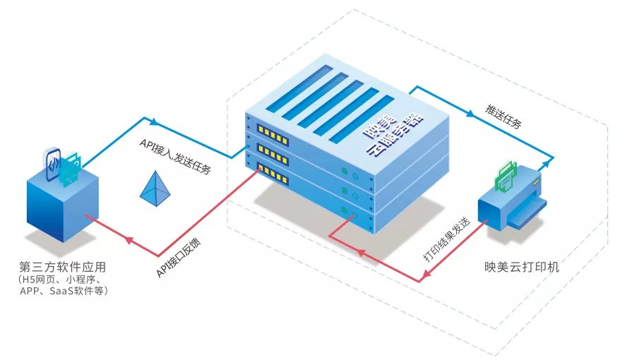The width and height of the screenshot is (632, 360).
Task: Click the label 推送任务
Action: pos(503,116)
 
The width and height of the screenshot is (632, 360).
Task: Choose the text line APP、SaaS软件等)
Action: pos(64,290)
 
